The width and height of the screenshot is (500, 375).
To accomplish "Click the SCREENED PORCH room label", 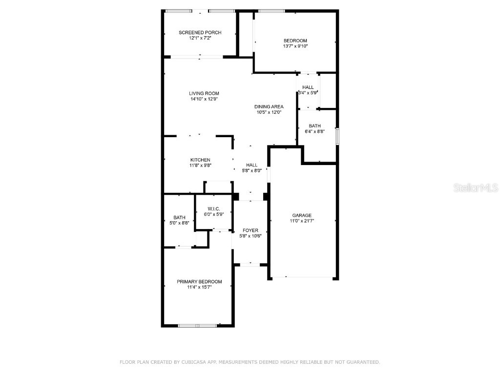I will click(x=200, y=33).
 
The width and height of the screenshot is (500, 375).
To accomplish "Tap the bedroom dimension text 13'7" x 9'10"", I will click(x=295, y=46).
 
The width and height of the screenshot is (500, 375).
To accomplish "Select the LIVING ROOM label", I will click(x=204, y=93).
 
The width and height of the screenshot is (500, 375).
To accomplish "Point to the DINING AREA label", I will click(x=269, y=106).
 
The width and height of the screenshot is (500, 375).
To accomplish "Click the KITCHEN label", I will click(x=200, y=160).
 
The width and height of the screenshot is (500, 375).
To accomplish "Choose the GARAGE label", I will click(x=302, y=215).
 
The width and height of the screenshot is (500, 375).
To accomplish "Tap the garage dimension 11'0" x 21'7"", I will click(x=302, y=221).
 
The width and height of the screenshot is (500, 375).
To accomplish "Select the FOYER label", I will click(x=250, y=230).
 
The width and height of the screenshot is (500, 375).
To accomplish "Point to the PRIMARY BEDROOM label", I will click(x=199, y=282).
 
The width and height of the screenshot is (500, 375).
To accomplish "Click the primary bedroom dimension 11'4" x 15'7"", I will click(x=199, y=288).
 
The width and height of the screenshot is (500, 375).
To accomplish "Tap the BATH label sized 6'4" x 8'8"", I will click(x=315, y=125).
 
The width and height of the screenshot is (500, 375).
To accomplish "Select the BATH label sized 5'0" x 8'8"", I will click(x=179, y=218).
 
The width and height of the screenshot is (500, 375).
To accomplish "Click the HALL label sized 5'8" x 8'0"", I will click(x=252, y=165).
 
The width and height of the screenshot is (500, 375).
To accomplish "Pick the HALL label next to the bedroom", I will click(x=308, y=87).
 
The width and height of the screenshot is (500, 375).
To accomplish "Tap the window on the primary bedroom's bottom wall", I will click(x=197, y=326).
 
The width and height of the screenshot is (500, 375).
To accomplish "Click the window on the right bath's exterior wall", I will click(x=337, y=136).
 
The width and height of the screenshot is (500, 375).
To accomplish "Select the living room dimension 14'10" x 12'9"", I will click(x=204, y=99).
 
